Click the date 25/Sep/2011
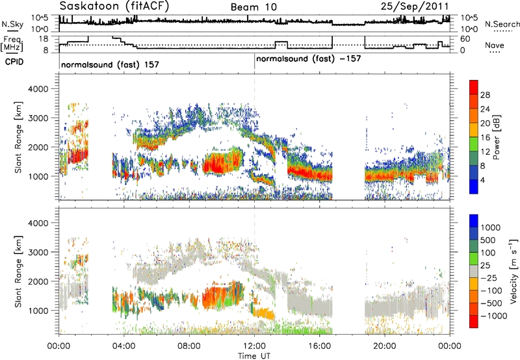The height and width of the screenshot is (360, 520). pyautogui.click(x=415, y=6)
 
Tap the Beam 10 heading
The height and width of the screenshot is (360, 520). pyautogui.click(x=253, y=7)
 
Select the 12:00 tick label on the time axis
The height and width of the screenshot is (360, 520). pyautogui.click(x=254, y=346)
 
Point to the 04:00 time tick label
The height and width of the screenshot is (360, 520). pyautogui.click(x=124, y=346)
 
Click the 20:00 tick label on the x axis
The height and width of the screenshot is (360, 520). pyautogui.click(x=385, y=346)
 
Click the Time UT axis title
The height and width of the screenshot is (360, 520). pyautogui.click(x=254, y=356)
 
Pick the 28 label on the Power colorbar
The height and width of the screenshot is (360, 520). pyautogui.click(x=485, y=95)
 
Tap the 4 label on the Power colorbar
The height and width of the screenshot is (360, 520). pyautogui.click(x=482, y=181)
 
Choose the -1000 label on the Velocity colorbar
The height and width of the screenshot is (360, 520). pyautogui.click(x=494, y=316)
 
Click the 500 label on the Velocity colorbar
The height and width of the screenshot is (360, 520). pyautogui.click(x=488, y=240)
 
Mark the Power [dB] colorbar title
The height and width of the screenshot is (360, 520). pyautogui.click(x=496, y=137)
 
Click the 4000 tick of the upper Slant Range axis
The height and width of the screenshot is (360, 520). pyautogui.click(x=38, y=89)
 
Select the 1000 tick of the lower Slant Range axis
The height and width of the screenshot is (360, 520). pyautogui.click(x=38, y=311)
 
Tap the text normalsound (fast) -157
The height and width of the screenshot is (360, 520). pyautogui.click(x=308, y=59)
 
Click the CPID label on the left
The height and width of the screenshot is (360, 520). pyautogui.click(x=14, y=62)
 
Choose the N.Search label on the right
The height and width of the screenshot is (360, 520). pyautogui.click(x=502, y=24)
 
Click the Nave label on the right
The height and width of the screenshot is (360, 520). pyautogui.click(x=495, y=45)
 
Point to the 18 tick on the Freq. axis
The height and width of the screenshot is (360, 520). pyautogui.click(x=44, y=39)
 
